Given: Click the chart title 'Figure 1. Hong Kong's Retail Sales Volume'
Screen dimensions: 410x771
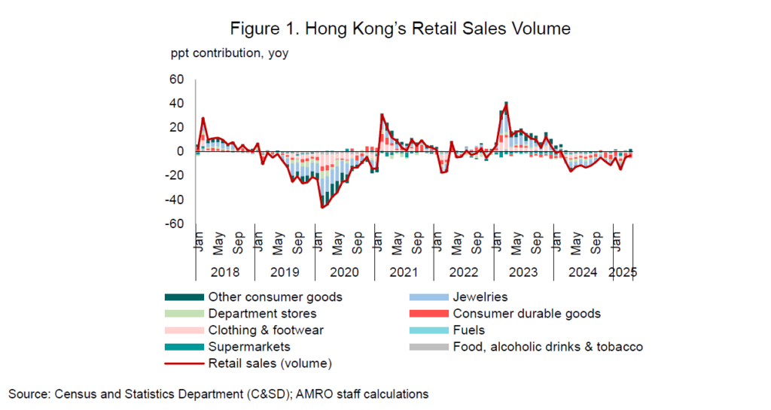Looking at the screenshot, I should pyautogui.click(x=400, y=29).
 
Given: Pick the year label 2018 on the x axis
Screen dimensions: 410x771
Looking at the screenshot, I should pyautogui.click(x=225, y=272).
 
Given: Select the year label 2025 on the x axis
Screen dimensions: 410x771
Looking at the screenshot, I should pyautogui.click(x=623, y=272).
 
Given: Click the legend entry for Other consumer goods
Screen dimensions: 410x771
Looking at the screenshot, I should pyautogui.click(x=275, y=297).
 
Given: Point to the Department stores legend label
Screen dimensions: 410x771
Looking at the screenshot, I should pyautogui.click(x=262, y=314).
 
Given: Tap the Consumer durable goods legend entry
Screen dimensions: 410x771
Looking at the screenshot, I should pyautogui.click(x=526, y=314).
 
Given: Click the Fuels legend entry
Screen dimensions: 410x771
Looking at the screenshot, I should pyautogui.click(x=468, y=330).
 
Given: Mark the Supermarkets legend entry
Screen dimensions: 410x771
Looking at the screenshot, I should pyautogui.click(x=249, y=347).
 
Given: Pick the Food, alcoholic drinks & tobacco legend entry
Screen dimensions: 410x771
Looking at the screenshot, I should pyautogui.click(x=547, y=347).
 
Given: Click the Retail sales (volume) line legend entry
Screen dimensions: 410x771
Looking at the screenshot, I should pyautogui.click(x=269, y=363).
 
